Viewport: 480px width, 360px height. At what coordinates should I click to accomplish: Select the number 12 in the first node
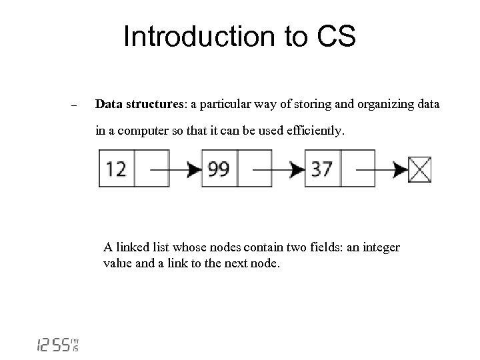[116, 169]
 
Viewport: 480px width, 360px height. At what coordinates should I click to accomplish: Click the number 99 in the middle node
[219, 169]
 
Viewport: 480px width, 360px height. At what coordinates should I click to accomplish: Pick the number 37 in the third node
[322, 169]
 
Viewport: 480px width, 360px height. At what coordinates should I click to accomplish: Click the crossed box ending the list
[421, 169]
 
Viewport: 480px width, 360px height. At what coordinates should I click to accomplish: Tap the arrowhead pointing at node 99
[194, 169]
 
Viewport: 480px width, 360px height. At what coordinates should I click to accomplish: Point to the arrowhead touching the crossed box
[401, 169]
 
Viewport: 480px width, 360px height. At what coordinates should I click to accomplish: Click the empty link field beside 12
[151, 169]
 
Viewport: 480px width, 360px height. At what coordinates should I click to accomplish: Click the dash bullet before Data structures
[74, 106]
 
